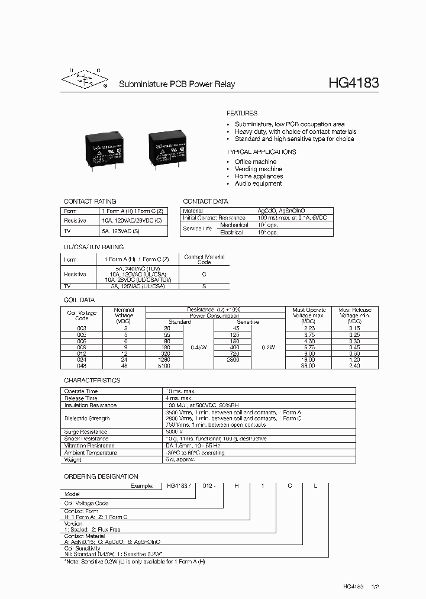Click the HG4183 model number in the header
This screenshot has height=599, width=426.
(x=353, y=83)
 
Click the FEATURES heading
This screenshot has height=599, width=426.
(x=242, y=113)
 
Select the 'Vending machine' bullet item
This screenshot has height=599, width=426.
(x=259, y=169)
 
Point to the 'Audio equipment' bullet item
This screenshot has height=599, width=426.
(x=258, y=183)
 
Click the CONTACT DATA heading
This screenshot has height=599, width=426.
(x=205, y=201)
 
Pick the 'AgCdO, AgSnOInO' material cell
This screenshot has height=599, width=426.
(x=281, y=211)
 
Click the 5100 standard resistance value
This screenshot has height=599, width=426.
(x=164, y=366)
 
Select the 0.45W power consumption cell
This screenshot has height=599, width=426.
(x=198, y=347)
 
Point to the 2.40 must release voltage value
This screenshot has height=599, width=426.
(x=354, y=366)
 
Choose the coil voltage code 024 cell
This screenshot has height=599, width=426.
(x=82, y=359)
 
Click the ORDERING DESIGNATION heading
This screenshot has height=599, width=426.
(x=101, y=476)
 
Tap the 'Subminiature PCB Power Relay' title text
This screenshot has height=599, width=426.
(x=177, y=84)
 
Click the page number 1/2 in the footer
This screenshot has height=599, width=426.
(x=374, y=586)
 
